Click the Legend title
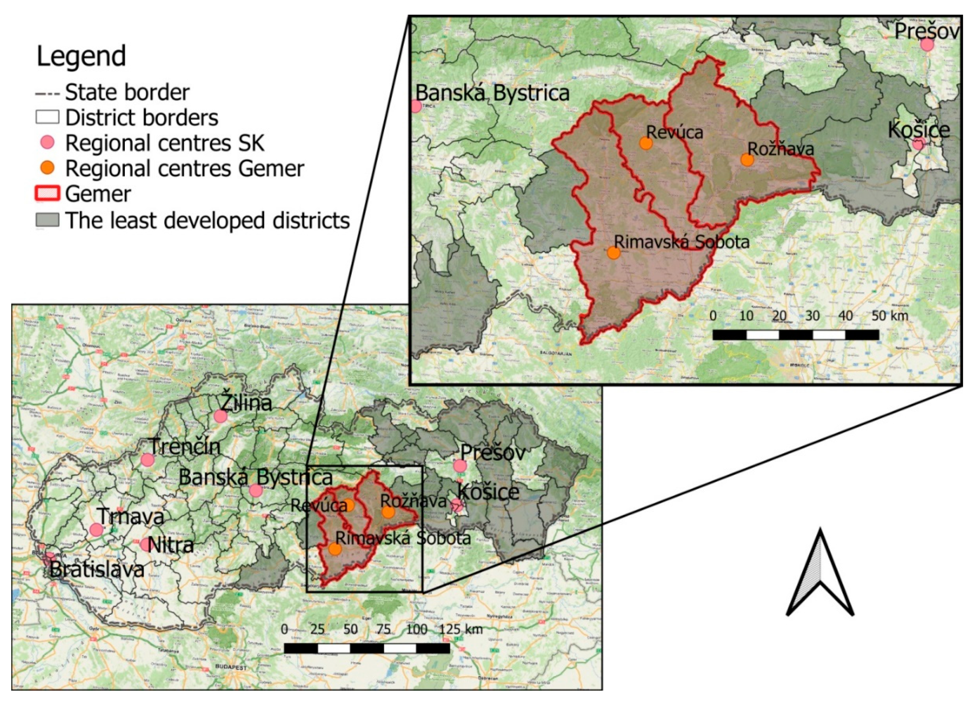click(x=81, y=56)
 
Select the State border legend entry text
click(x=127, y=92)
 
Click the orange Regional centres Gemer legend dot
click(x=47, y=168)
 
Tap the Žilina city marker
click(x=220, y=416)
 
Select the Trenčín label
click(x=184, y=447)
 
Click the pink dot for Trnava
click(x=96, y=530)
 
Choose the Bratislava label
click(x=97, y=570)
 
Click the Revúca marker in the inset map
click(x=646, y=143)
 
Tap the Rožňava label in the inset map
click(x=781, y=149)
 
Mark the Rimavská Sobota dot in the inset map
click(x=613, y=253)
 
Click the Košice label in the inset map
click(x=919, y=130)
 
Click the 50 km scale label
click(x=889, y=316)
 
